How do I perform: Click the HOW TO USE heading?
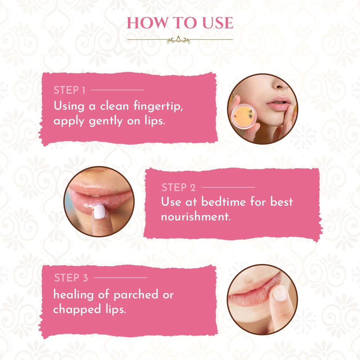pyautogui.click(x=180, y=23)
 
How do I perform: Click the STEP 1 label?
pyautogui.click(x=70, y=90)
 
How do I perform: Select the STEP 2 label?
pyautogui.click(x=179, y=188)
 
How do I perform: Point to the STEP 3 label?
pyautogui.click(x=71, y=278)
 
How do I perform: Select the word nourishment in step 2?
pyautogui.click(x=196, y=217)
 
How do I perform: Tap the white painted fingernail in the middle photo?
pyautogui.click(x=99, y=212)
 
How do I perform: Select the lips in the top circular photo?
pyautogui.click(x=279, y=103)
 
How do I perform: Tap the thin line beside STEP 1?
pyautogui.click(x=117, y=90)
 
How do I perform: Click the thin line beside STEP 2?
pyautogui.click(x=228, y=187)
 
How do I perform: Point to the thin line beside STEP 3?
pyautogui.click(x=120, y=277)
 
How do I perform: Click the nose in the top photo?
pyautogui.click(x=282, y=83)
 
